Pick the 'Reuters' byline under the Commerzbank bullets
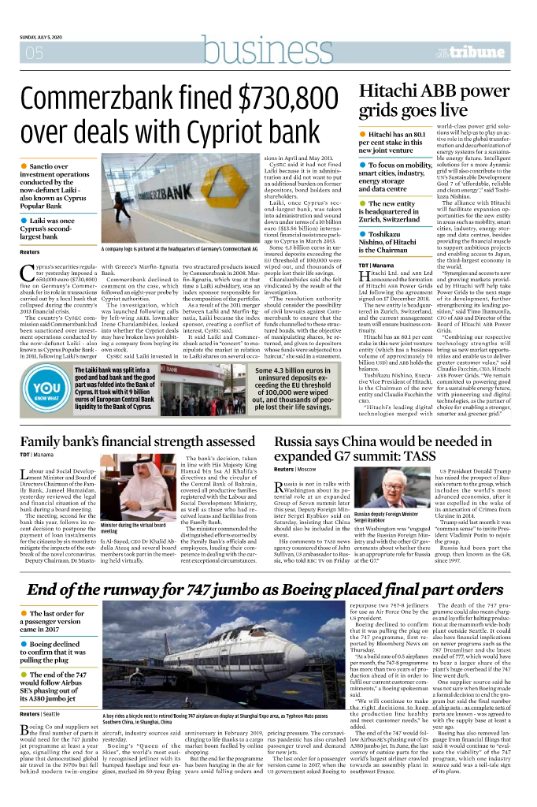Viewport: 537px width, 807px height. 30,251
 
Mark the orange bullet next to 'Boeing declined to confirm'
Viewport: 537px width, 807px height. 24,645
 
